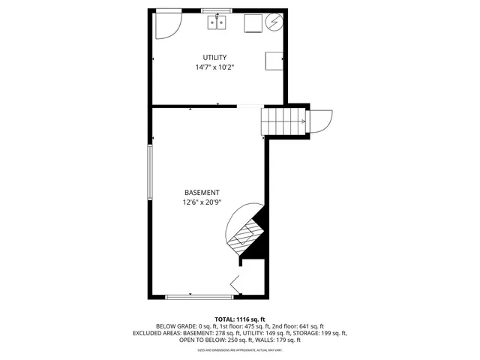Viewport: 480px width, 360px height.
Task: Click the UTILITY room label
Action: click(214, 58)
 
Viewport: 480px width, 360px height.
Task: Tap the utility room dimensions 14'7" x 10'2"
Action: click(214, 67)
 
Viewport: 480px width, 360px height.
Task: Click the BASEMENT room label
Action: click(201, 193)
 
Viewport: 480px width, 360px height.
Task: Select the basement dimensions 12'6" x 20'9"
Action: click(201, 202)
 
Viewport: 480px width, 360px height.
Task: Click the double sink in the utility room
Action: click(217, 23)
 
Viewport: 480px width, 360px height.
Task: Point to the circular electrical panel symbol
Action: click(274, 23)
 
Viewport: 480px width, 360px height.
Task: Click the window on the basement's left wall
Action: click(150, 172)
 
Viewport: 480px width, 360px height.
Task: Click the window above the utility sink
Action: click(217, 10)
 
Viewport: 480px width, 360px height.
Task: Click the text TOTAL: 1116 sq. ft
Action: click(240, 319)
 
